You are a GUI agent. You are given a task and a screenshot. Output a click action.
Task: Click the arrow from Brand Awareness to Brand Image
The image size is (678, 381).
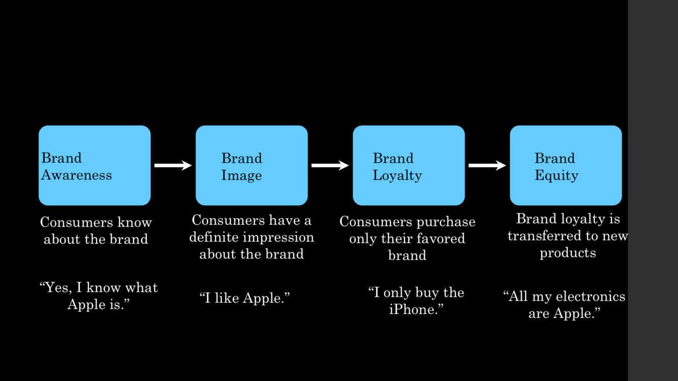(x=173, y=165)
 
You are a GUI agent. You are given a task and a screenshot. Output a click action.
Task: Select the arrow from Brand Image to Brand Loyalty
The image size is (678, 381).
(x=330, y=165)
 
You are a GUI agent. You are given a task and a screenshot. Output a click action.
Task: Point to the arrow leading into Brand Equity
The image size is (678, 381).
(x=487, y=165)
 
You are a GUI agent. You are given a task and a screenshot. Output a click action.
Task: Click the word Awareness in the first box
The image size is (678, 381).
(x=76, y=175)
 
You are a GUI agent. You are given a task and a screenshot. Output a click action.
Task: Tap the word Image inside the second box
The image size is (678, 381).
(x=241, y=176)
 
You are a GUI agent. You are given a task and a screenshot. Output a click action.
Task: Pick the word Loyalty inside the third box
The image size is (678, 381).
(x=397, y=176)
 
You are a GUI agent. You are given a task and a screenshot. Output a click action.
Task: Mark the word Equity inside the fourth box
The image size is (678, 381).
(x=556, y=176)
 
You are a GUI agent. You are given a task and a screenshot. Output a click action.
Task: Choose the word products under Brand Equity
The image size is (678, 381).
(x=568, y=252)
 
